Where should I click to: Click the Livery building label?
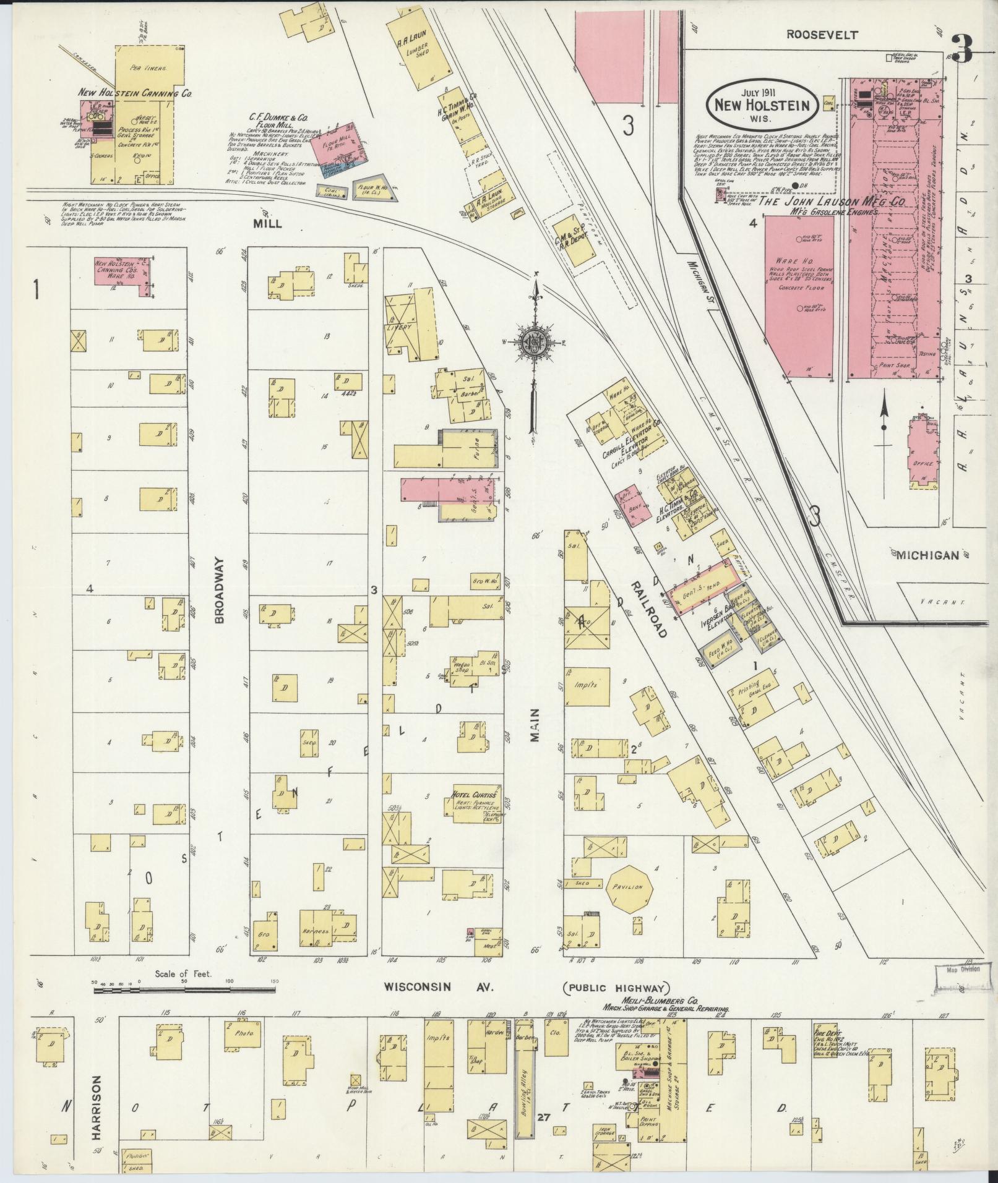[400, 327]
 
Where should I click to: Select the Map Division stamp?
[958, 987]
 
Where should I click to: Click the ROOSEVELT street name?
[822, 35]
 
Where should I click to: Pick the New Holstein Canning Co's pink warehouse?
[122, 271]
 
